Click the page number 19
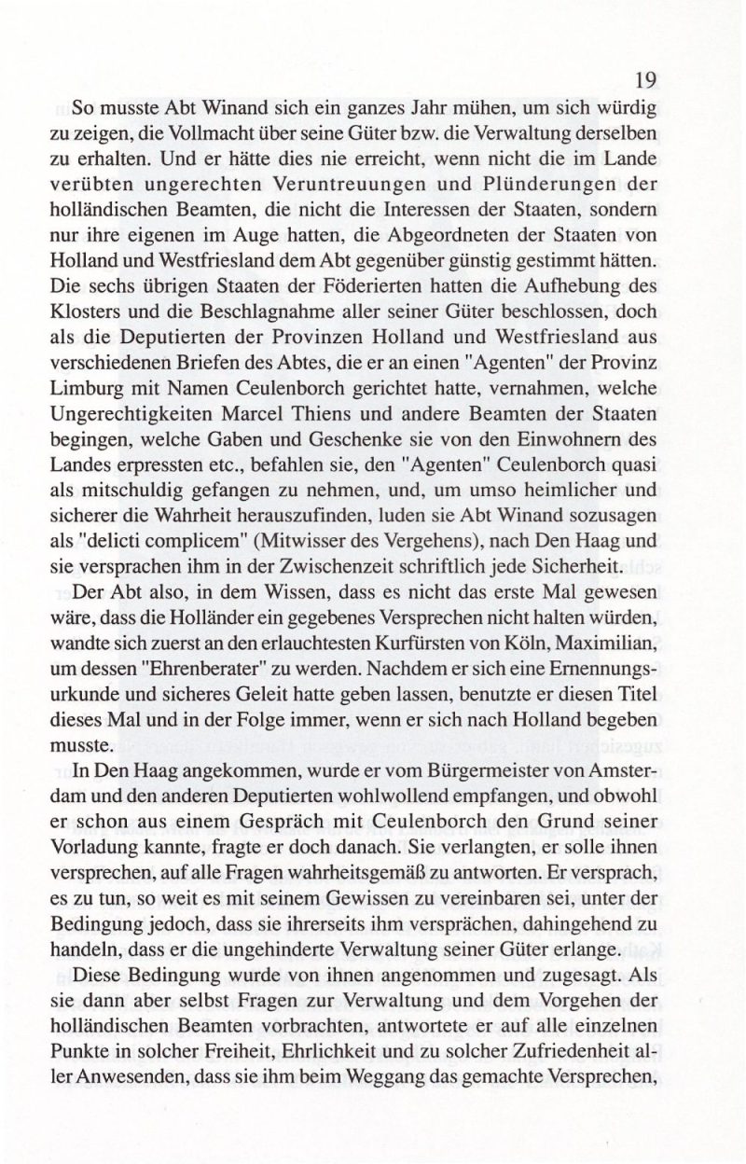click(x=645, y=79)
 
